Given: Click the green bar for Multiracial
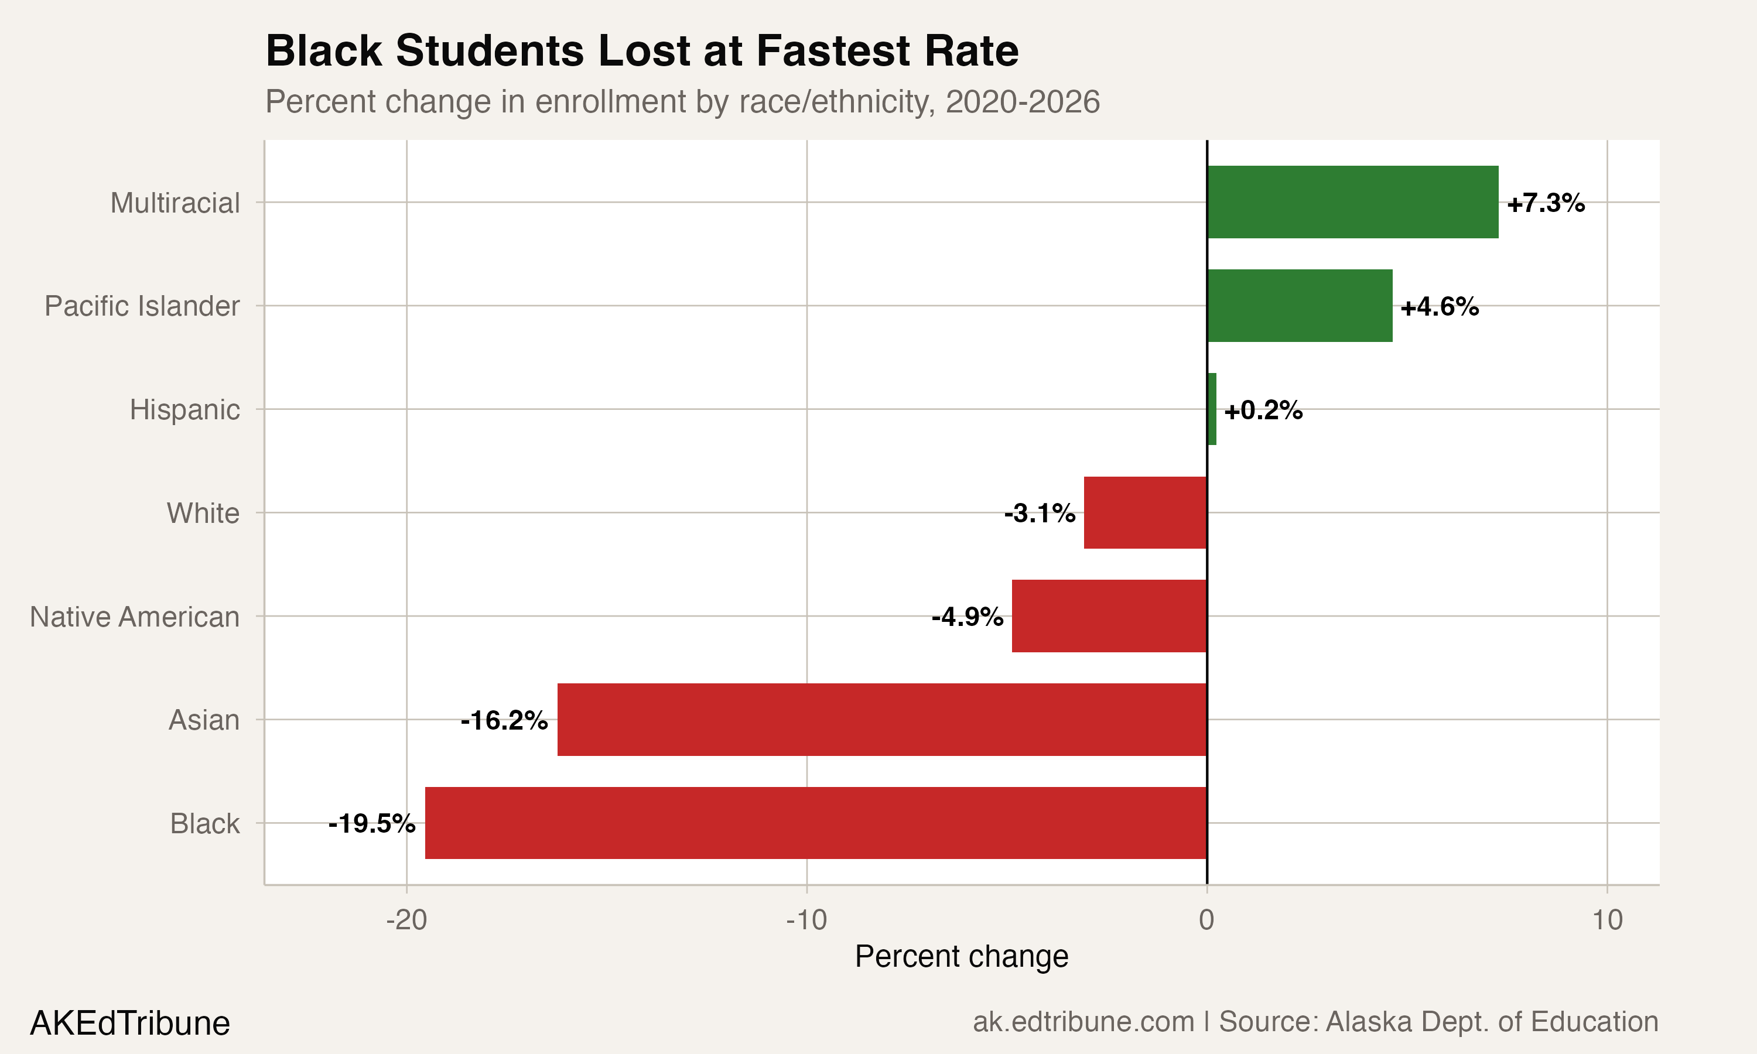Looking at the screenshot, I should tap(1352, 203).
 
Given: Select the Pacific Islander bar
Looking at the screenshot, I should tap(1300, 306).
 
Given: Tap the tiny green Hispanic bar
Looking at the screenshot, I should tap(1212, 409).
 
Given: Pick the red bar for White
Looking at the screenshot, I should tap(1145, 513).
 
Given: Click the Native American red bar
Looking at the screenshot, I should tap(1109, 616).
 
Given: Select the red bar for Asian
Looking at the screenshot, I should tap(881, 720).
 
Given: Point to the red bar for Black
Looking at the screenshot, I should tap(815, 823).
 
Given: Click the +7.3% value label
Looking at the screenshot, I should tap(1546, 203).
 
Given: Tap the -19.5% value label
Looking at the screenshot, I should tap(371, 824).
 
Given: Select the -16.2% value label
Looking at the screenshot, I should tap(504, 720).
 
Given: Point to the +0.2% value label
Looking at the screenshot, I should tap(1263, 410).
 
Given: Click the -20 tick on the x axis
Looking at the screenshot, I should tap(406, 920).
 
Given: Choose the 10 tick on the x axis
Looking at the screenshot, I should tap(1607, 920).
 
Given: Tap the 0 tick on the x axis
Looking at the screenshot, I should tap(1206, 920).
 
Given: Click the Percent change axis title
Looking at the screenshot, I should tap(961, 957).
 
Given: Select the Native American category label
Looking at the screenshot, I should tap(134, 617).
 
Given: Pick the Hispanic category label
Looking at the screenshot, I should tap(184, 410).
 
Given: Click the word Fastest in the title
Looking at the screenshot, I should tap(832, 51).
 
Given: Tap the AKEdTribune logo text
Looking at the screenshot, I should tap(130, 1024).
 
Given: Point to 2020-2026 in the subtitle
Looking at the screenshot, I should tap(1023, 101).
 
